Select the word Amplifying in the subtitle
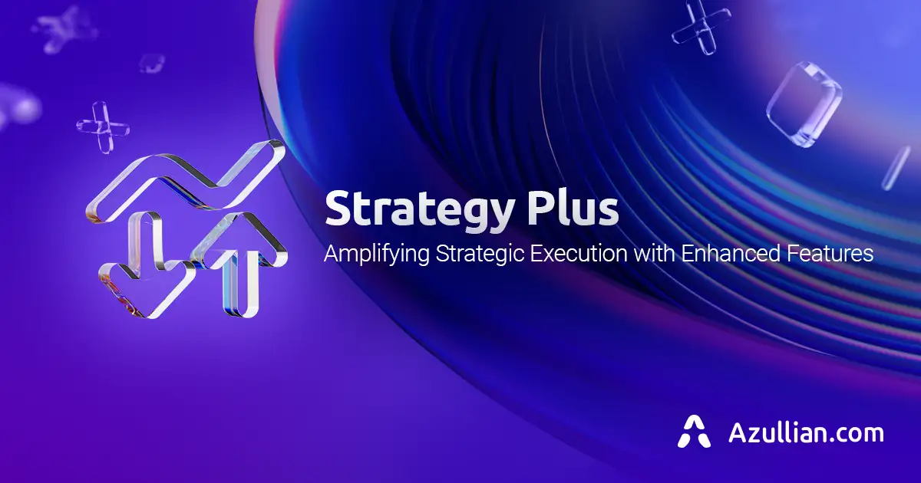point(377,254)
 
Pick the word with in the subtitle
point(652,253)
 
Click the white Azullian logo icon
point(694,432)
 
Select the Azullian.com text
point(806,432)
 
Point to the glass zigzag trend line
point(184,180)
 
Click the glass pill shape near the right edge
point(896,167)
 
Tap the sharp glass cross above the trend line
point(104,125)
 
